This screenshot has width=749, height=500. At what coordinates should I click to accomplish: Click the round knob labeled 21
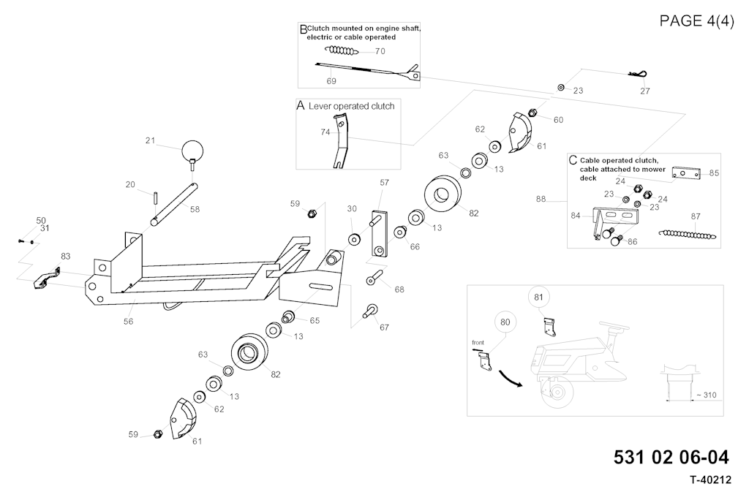pos(192,151)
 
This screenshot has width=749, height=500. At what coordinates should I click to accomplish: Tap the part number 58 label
pos(195,210)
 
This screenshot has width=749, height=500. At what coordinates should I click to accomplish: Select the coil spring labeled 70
pos(342,51)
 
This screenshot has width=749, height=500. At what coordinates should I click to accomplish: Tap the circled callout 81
pos(538,298)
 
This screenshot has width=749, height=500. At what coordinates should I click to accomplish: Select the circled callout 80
pos(505,322)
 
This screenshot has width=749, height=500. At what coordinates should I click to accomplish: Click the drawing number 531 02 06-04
pos(671,458)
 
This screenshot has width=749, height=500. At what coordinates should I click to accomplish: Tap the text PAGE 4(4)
pos(696,20)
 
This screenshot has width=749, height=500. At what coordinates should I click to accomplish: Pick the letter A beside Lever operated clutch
pos(300,106)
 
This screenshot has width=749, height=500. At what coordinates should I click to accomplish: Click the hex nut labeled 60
pos(532,113)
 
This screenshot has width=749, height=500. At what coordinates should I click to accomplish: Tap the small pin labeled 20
pos(156,196)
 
